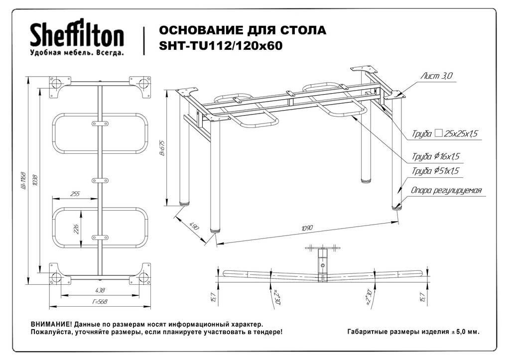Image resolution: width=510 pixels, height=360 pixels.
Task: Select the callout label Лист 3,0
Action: (436, 76)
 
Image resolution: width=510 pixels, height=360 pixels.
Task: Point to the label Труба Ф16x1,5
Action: (435, 156)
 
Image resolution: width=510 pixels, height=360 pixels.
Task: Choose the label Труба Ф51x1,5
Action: (435, 171)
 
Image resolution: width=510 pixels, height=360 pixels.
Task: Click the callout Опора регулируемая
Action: (446, 190)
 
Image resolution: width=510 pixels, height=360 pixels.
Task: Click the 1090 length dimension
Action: (307, 229)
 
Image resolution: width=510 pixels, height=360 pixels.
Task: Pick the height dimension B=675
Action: (162, 148)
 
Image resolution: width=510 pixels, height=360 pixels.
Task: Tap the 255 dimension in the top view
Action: (75, 194)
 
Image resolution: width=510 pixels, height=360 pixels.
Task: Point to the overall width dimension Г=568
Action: (100, 301)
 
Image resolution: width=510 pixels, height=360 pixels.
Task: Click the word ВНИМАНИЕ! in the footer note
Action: (51, 324)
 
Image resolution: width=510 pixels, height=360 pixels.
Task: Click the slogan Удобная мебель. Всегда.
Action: (77, 52)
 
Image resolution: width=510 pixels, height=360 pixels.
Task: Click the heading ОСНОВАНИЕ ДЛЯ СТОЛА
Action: (243, 30)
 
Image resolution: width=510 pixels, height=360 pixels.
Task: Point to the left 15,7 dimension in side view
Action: (213, 297)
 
